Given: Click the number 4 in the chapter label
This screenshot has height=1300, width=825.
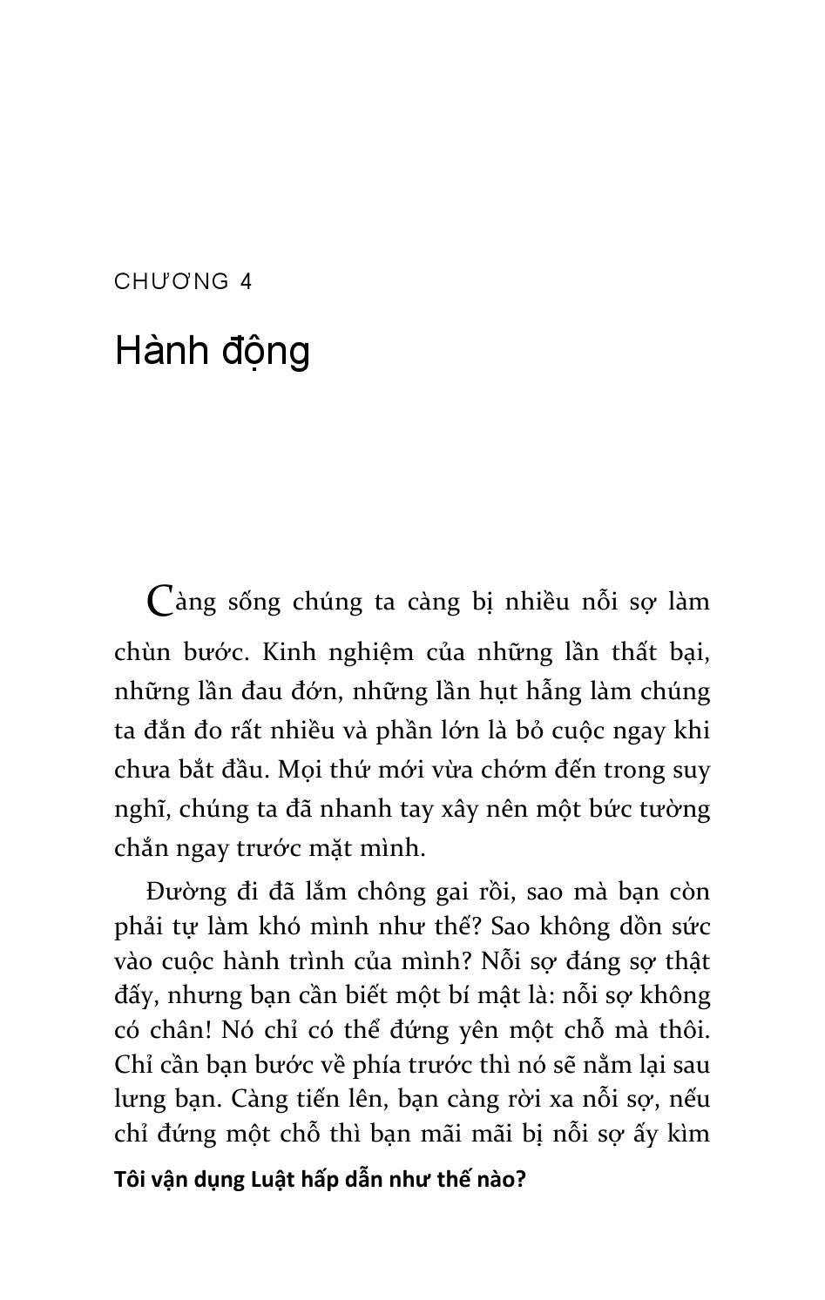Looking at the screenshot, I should click(246, 281).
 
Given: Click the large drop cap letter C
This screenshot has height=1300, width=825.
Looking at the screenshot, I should click(159, 601).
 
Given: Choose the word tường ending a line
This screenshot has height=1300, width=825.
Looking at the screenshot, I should click(675, 809).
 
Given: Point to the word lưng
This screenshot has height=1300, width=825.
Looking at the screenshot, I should click(136, 1100).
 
